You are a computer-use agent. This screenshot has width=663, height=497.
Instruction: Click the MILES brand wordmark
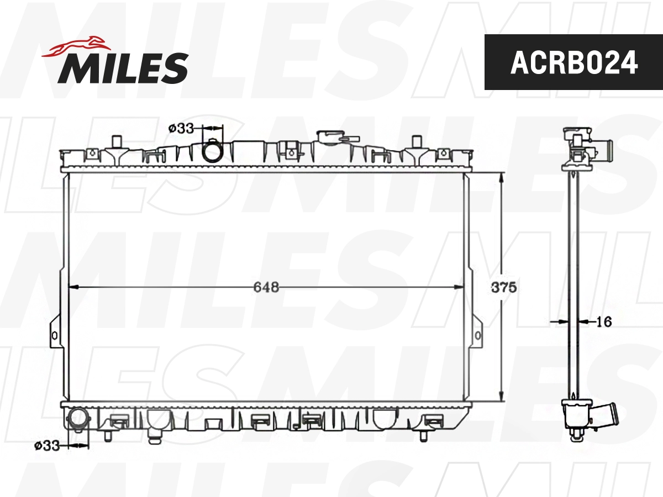123,67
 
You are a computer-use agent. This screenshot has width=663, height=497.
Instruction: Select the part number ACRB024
573,62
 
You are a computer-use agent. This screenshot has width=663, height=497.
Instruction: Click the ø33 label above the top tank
181,128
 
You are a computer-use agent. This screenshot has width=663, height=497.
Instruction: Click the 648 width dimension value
266,287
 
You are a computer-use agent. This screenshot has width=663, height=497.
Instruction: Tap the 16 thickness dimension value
604,321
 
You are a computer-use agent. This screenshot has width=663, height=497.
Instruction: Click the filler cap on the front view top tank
330,136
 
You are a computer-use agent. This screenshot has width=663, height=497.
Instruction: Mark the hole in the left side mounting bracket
54,335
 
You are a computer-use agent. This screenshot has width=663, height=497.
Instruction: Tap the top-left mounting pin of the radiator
116,141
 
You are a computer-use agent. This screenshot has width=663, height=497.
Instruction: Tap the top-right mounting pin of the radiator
416,141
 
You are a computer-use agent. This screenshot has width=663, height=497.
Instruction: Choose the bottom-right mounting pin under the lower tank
424,435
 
